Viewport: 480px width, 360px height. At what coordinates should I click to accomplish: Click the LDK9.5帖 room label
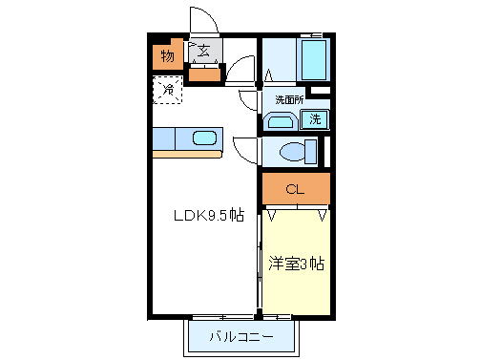click(207, 215)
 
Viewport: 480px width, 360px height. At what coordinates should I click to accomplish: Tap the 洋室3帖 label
click(295, 264)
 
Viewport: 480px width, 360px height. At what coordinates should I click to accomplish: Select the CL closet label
click(295, 190)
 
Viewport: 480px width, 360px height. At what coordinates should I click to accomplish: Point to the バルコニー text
click(241, 337)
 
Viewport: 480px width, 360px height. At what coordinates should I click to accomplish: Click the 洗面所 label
click(289, 99)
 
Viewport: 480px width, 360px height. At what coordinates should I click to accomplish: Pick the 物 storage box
click(167, 55)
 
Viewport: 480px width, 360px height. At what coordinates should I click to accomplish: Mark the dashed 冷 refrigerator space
click(167, 91)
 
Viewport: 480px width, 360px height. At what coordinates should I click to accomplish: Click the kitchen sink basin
click(205, 138)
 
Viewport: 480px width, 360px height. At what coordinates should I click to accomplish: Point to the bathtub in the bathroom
click(314, 60)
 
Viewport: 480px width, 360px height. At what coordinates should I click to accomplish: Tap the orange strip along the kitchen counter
click(187, 154)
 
